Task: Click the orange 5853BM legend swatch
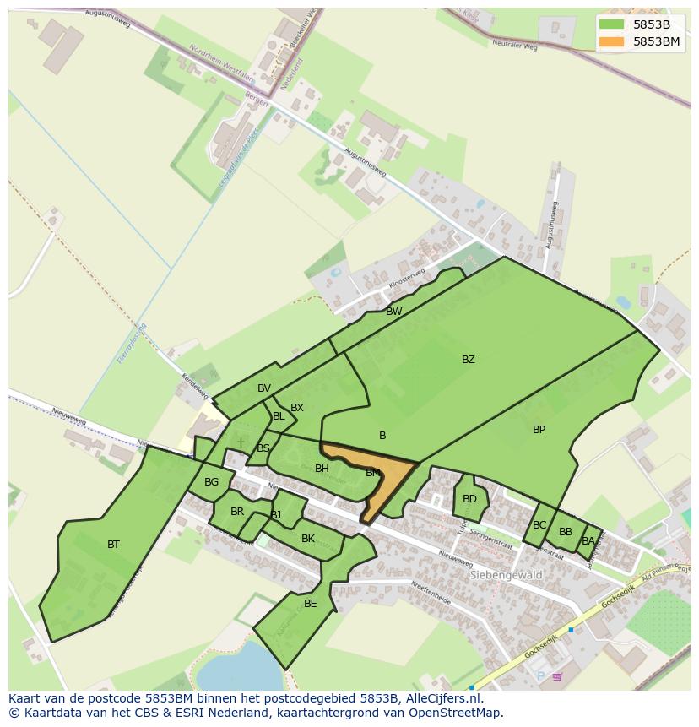click(612, 41)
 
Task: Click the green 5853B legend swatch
click(612, 24)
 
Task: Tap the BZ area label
click(468, 360)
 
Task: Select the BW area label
click(393, 312)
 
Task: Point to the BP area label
click(539, 430)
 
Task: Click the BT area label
click(113, 545)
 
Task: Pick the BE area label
click(310, 604)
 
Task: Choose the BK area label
click(307, 539)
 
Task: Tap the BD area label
click(469, 499)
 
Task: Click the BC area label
click(539, 525)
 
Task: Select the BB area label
click(565, 532)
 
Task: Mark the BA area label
click(588, 540)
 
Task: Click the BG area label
click(211, 483)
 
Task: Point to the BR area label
click(237, 512)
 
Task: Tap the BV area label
click(264, 388)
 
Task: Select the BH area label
click(322, 469)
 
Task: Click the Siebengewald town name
click(505, 575)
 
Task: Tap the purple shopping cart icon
click(557, 676)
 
